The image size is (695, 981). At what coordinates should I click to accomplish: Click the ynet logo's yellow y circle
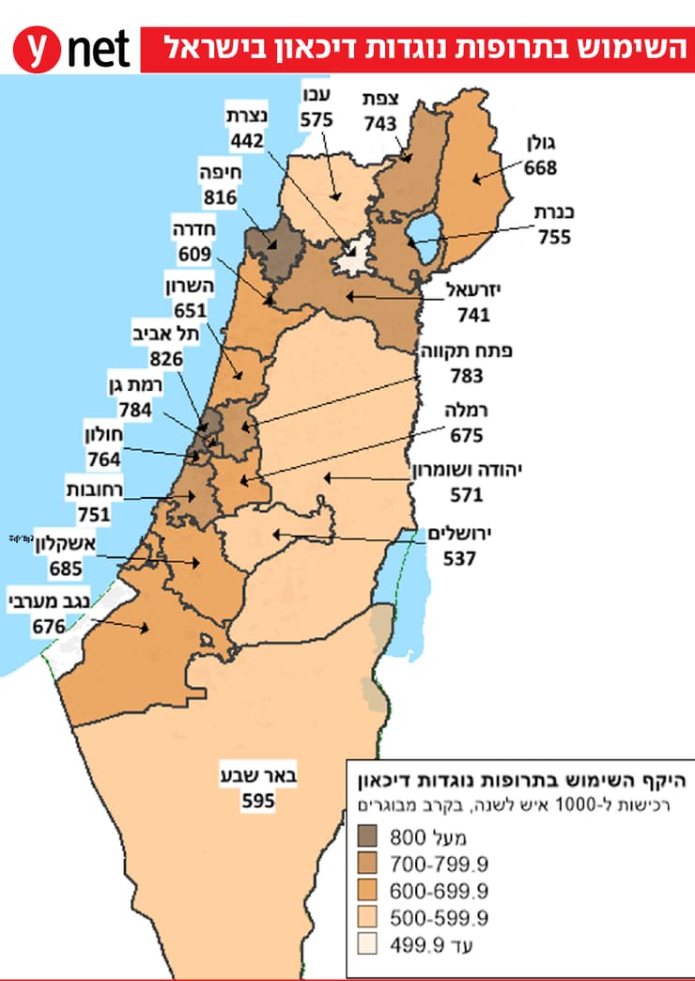35,49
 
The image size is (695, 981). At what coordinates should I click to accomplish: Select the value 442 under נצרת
246,138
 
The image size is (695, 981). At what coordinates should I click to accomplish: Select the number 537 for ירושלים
460,558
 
